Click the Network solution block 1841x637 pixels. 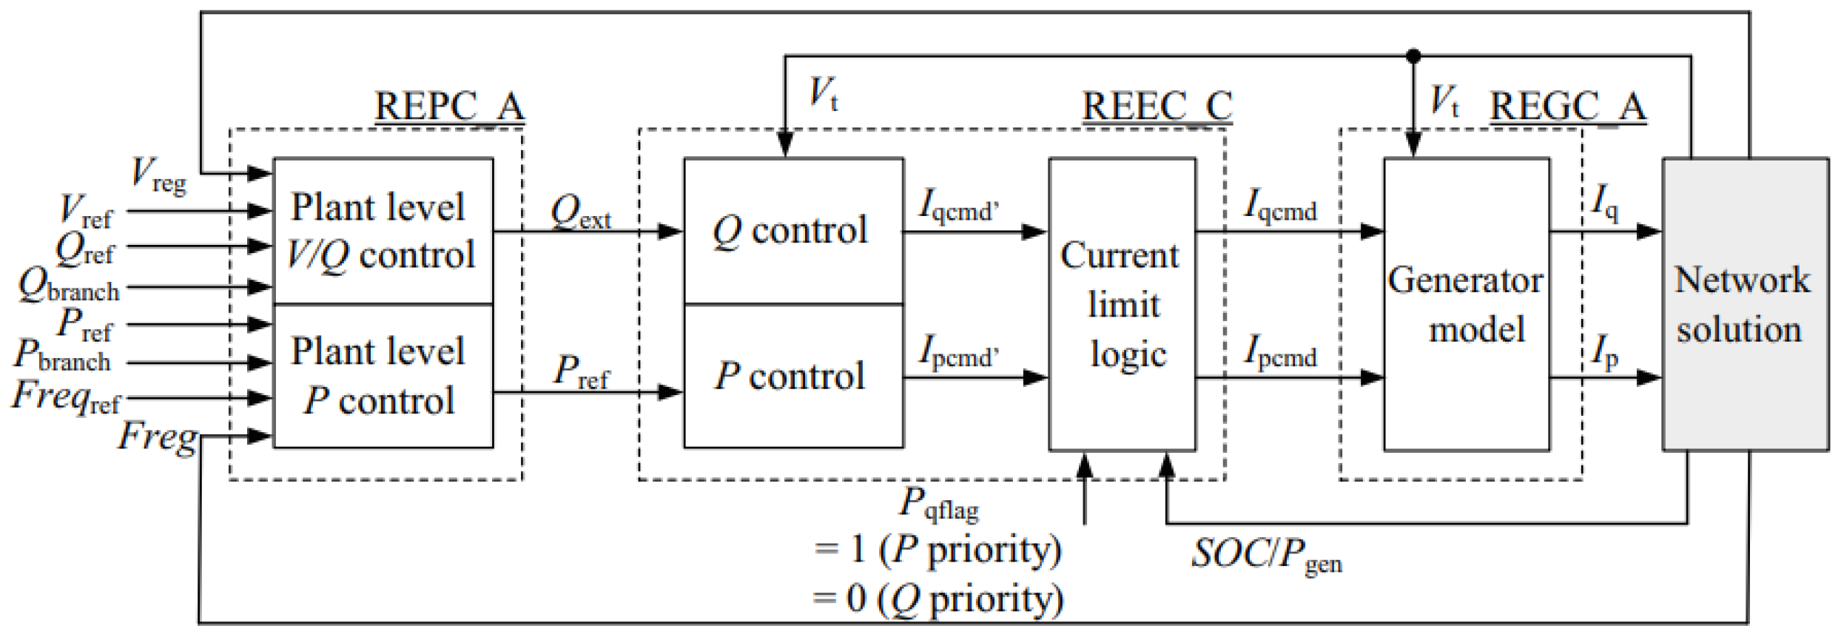[1745, 304]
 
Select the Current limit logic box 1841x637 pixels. [1122, 304]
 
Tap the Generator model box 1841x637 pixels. [1466, 304]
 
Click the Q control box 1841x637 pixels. [792, 231]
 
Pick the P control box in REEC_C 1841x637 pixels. [792, 376]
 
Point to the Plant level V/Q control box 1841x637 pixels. [383, 231]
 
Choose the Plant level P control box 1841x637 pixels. [383, 376]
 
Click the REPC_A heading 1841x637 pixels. [449, 107]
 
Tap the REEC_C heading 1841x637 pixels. [1157, 107]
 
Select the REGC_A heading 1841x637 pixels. [1567, 107]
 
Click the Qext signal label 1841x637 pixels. [580, 212]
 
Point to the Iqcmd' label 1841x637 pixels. [957, 206]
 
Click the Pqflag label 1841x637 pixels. [938, 505]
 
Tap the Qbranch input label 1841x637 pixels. [68, 286]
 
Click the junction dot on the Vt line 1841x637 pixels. [1413, 55]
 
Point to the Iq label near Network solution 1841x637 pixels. [1604, 202]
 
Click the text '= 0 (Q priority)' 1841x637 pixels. [938, 599]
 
